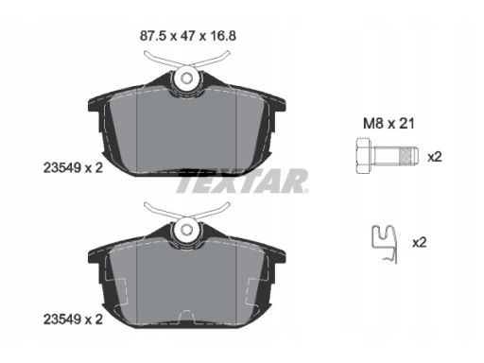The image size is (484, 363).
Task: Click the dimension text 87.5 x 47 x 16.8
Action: pos(188,36)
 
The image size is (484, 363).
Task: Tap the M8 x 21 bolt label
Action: pos(389,123)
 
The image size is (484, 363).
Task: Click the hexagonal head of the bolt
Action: pos(364,155)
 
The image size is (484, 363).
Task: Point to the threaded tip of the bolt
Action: pos(408,156)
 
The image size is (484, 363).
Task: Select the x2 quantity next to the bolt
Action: pos(435,157)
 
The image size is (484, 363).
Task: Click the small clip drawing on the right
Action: pos(385,244)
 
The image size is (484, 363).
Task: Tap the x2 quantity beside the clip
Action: pos(420,242)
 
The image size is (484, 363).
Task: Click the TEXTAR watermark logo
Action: pos(242,181)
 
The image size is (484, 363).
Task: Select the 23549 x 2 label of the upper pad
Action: pos(73,168)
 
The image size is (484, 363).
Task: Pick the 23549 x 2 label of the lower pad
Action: pos(73,320)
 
